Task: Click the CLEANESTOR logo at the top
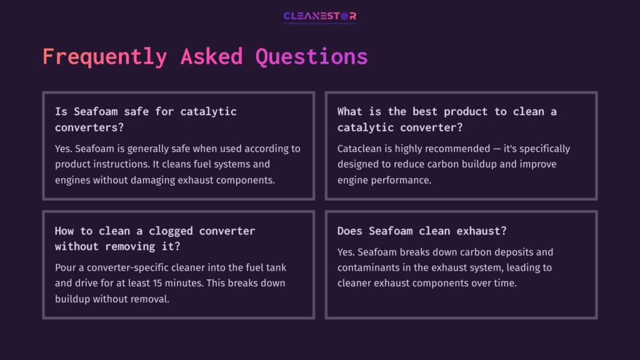[x=319, y=16]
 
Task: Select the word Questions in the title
[x=311, y=57]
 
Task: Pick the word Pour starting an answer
[x=66, y=267]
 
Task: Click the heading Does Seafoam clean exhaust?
[x=422, y=231]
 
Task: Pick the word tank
[x=275, y=267]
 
